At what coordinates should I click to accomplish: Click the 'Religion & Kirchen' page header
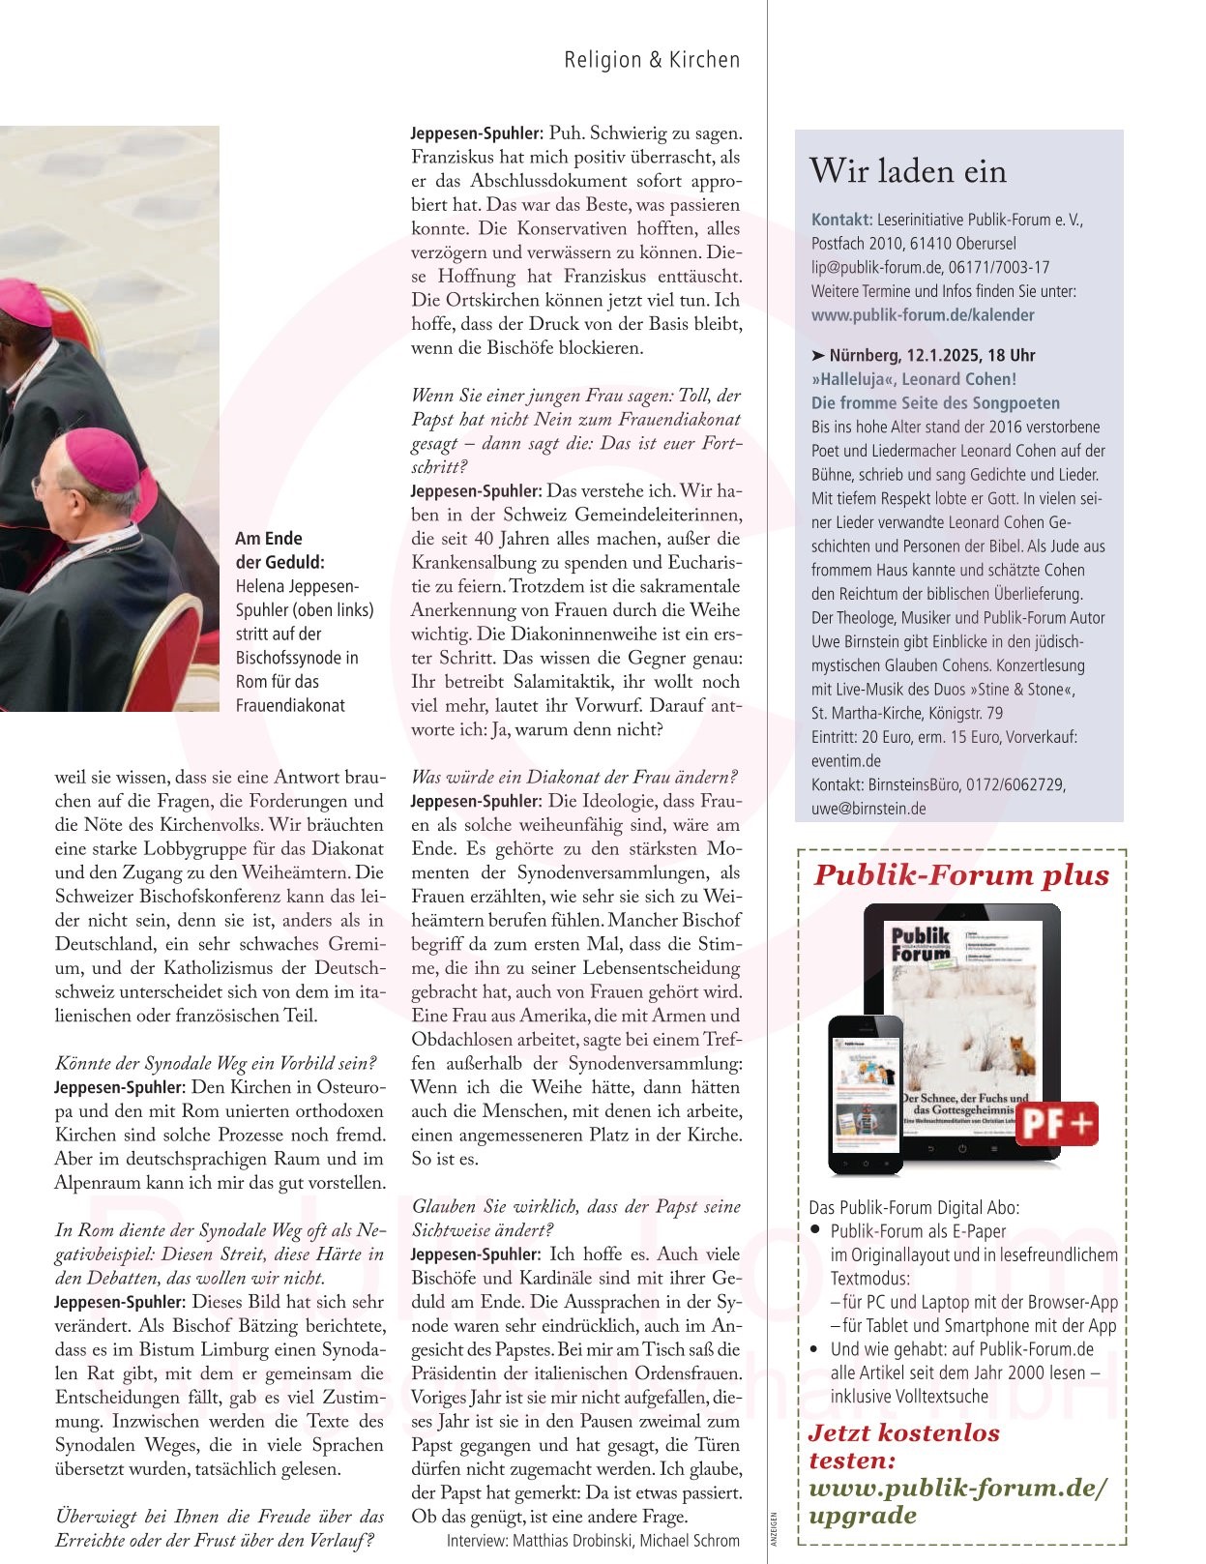click(652, 60)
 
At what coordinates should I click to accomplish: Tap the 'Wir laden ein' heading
click(908, 171)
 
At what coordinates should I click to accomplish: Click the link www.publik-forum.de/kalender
click(923, 314)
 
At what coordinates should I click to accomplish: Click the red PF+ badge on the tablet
click(1057, 1124)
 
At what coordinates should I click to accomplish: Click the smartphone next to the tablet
click(866, 1093)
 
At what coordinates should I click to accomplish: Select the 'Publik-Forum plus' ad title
click(961, 875)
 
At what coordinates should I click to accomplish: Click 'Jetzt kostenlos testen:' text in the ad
click(903, 1446)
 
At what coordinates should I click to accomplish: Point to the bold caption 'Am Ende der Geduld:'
click(279, 549)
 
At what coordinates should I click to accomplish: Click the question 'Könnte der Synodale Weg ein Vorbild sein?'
click(216, 1063)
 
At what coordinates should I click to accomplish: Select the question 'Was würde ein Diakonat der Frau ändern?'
click(574, 777)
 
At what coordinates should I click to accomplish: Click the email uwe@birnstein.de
click(868, 809)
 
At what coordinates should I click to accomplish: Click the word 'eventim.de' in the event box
click(846, 760)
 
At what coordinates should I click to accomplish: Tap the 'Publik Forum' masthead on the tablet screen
click(920, 943)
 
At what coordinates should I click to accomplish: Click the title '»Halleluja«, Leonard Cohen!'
click(914, 379)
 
